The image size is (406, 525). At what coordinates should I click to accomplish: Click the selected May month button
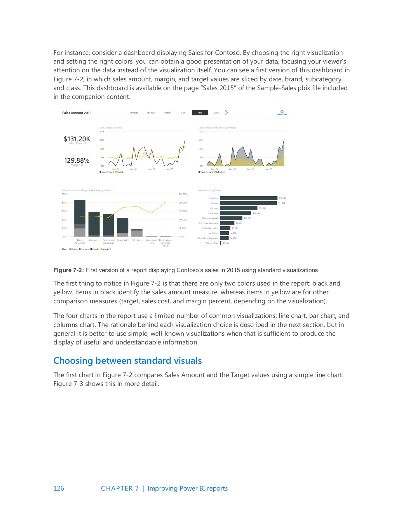coord(200,113)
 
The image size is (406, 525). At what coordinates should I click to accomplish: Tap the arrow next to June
coord(226,113)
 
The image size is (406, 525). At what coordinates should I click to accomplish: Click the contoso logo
coord(282,113)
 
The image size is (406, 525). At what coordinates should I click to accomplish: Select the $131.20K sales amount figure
coord(77,139)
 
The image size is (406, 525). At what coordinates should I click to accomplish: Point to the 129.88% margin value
coord(77,160)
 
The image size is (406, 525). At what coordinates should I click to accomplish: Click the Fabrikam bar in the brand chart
coord(248,198)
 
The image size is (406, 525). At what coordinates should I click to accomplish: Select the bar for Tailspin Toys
coord(221,243)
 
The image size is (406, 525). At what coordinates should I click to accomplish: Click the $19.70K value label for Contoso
coord(262,208)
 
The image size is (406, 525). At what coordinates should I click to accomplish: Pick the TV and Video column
coord(123,227)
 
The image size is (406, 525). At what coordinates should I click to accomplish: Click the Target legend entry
coord(119,172)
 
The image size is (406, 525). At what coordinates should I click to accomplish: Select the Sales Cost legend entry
coord(220,172)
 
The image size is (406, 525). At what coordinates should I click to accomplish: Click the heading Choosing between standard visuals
coord(128,361)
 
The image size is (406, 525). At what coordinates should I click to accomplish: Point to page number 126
coord(59,489)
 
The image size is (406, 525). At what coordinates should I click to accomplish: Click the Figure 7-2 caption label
coord(69,270)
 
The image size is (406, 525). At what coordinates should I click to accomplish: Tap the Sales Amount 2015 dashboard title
coord(77,113)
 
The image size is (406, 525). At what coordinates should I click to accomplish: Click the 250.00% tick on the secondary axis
coord(183,194)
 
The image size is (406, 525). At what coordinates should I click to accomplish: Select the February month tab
coord(150,113)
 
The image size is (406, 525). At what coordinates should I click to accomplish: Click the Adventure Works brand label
coord(210,218)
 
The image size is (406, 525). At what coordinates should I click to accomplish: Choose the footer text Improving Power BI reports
coord(187,489)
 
